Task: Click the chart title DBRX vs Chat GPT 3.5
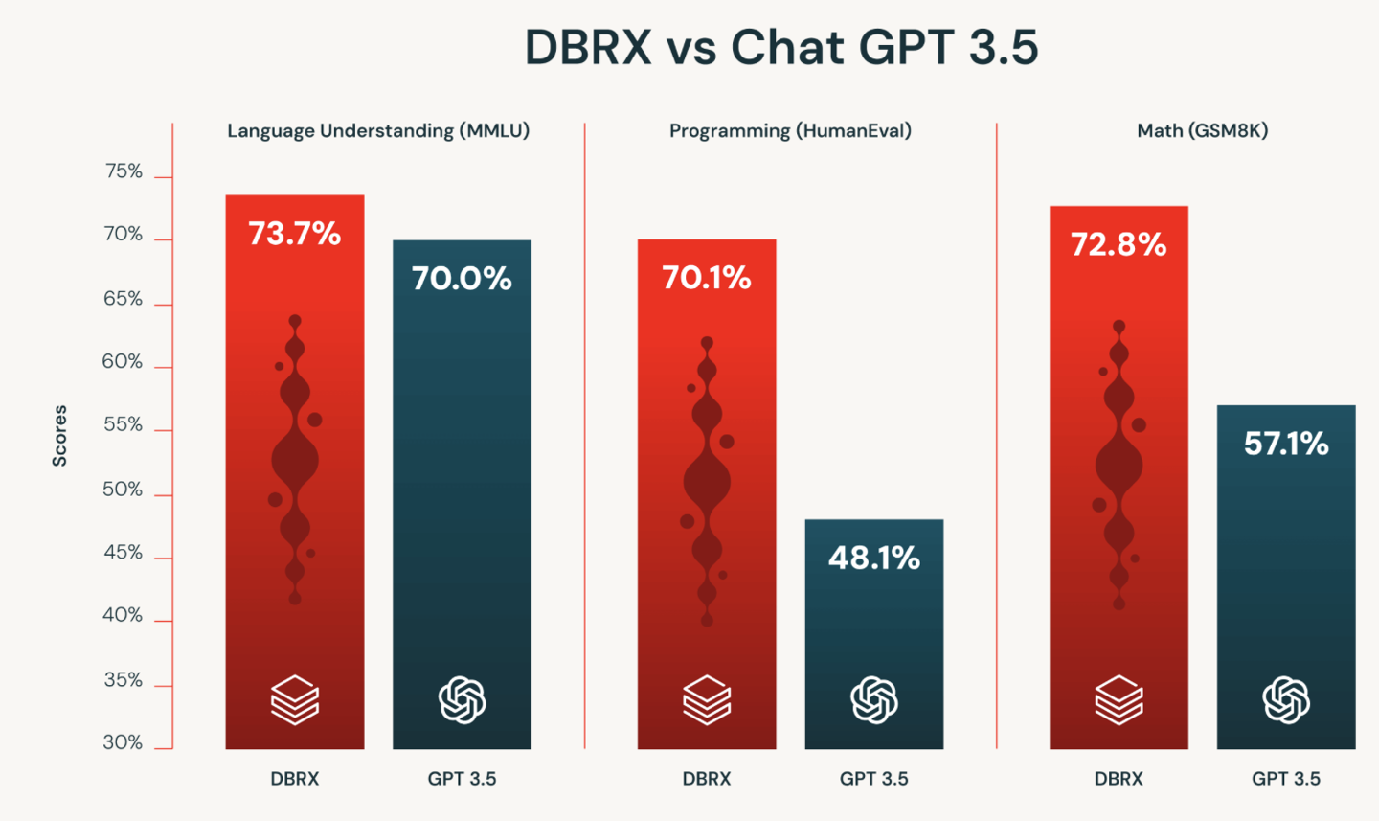coord(781,47)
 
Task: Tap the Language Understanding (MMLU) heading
coord(378,130)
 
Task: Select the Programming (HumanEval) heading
coord(790,130)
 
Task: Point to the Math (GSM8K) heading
coord(1202,130)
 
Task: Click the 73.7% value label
coord(294,234)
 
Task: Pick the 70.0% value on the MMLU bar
coord(462,279)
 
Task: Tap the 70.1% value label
coord(707,278)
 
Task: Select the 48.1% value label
coord(873,558)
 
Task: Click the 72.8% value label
coord(1119,245)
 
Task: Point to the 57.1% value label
coord(1286,444)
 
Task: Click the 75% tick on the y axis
coord(124,171)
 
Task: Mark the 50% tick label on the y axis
coord(123,490)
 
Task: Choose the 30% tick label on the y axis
coord(123,742)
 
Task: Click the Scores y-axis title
coord(59,436)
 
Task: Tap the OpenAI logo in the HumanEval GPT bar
coord(874,700)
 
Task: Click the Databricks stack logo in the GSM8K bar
coord(1119,700)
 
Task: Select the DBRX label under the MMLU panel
coord(294,779)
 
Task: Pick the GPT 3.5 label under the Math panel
coord(1286,779)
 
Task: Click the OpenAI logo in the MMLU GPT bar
coord(462,700)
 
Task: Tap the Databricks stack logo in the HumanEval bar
coord(707,700)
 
